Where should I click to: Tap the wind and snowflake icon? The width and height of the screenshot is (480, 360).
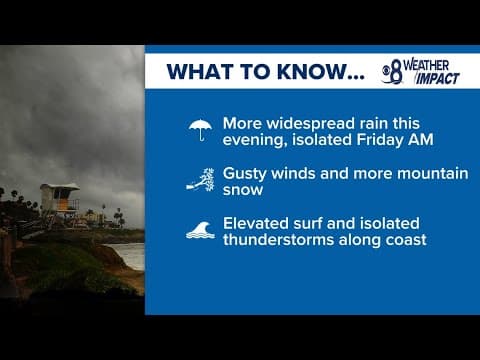(201, 180)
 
